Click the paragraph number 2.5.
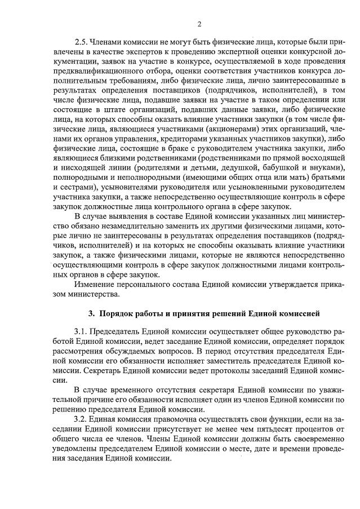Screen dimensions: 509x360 pos(82,42)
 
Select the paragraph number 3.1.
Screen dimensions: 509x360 pos(82,330)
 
